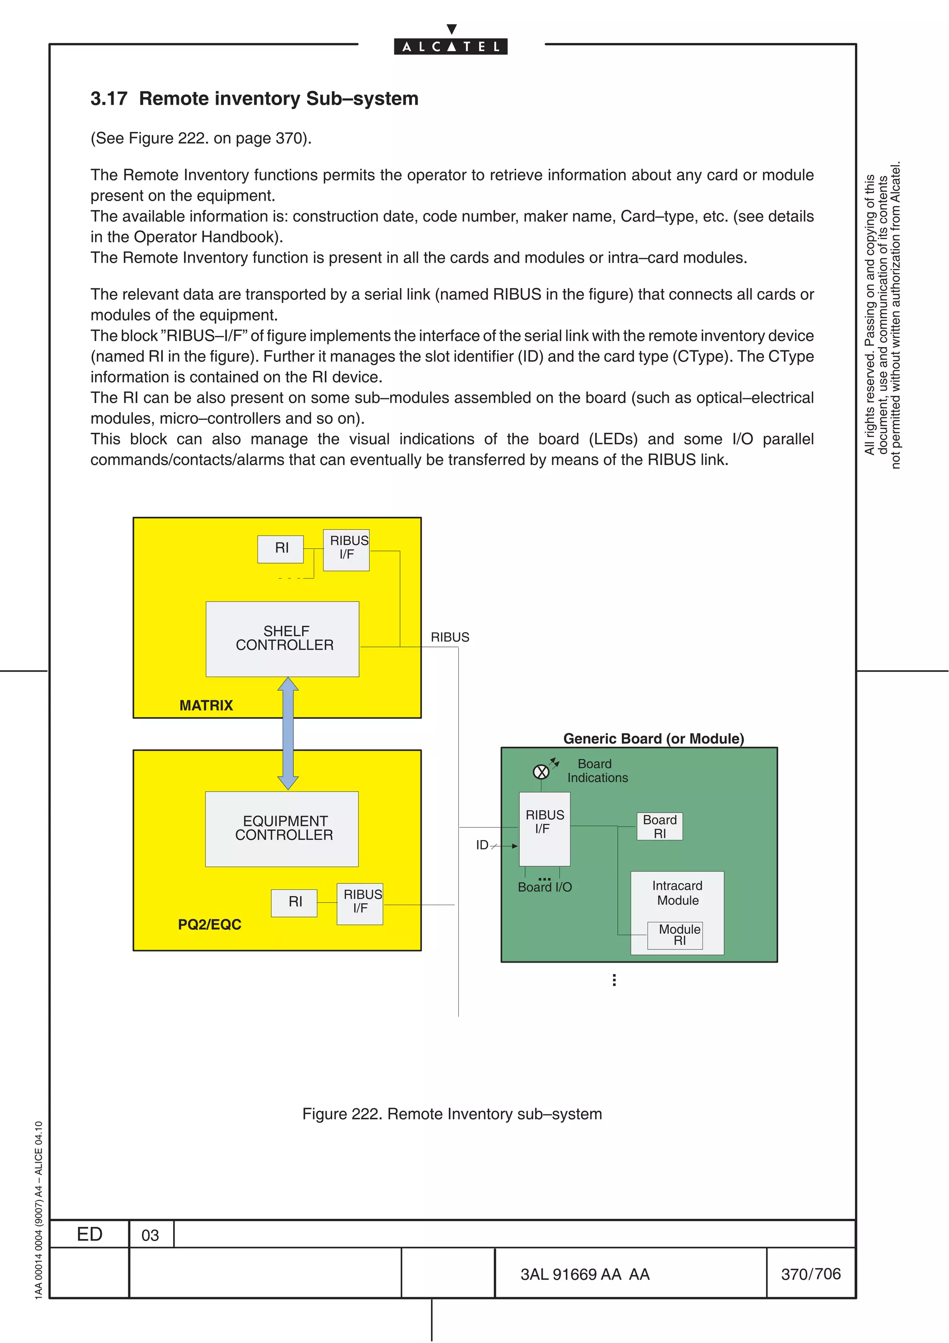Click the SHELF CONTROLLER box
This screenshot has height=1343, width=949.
282,639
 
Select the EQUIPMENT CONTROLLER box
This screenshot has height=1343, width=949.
282,829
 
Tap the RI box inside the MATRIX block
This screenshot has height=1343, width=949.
281,549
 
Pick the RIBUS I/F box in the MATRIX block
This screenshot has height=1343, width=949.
347,550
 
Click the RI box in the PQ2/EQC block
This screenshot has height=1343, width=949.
294,903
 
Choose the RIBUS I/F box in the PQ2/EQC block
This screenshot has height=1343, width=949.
360,904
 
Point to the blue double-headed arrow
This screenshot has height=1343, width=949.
288,734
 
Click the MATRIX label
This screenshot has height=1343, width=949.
206,705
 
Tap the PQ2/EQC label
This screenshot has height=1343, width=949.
209,924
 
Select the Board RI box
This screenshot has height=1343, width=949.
659,826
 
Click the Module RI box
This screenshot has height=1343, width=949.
675,935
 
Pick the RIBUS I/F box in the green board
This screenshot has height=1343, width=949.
544,828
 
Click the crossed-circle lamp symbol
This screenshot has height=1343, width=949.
541,772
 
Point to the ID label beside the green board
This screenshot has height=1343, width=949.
482,845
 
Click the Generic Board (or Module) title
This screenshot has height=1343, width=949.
653,739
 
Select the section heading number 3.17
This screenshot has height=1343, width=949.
109,99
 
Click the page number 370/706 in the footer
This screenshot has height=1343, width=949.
810,1273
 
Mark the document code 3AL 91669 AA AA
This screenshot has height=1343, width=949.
585,1274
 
